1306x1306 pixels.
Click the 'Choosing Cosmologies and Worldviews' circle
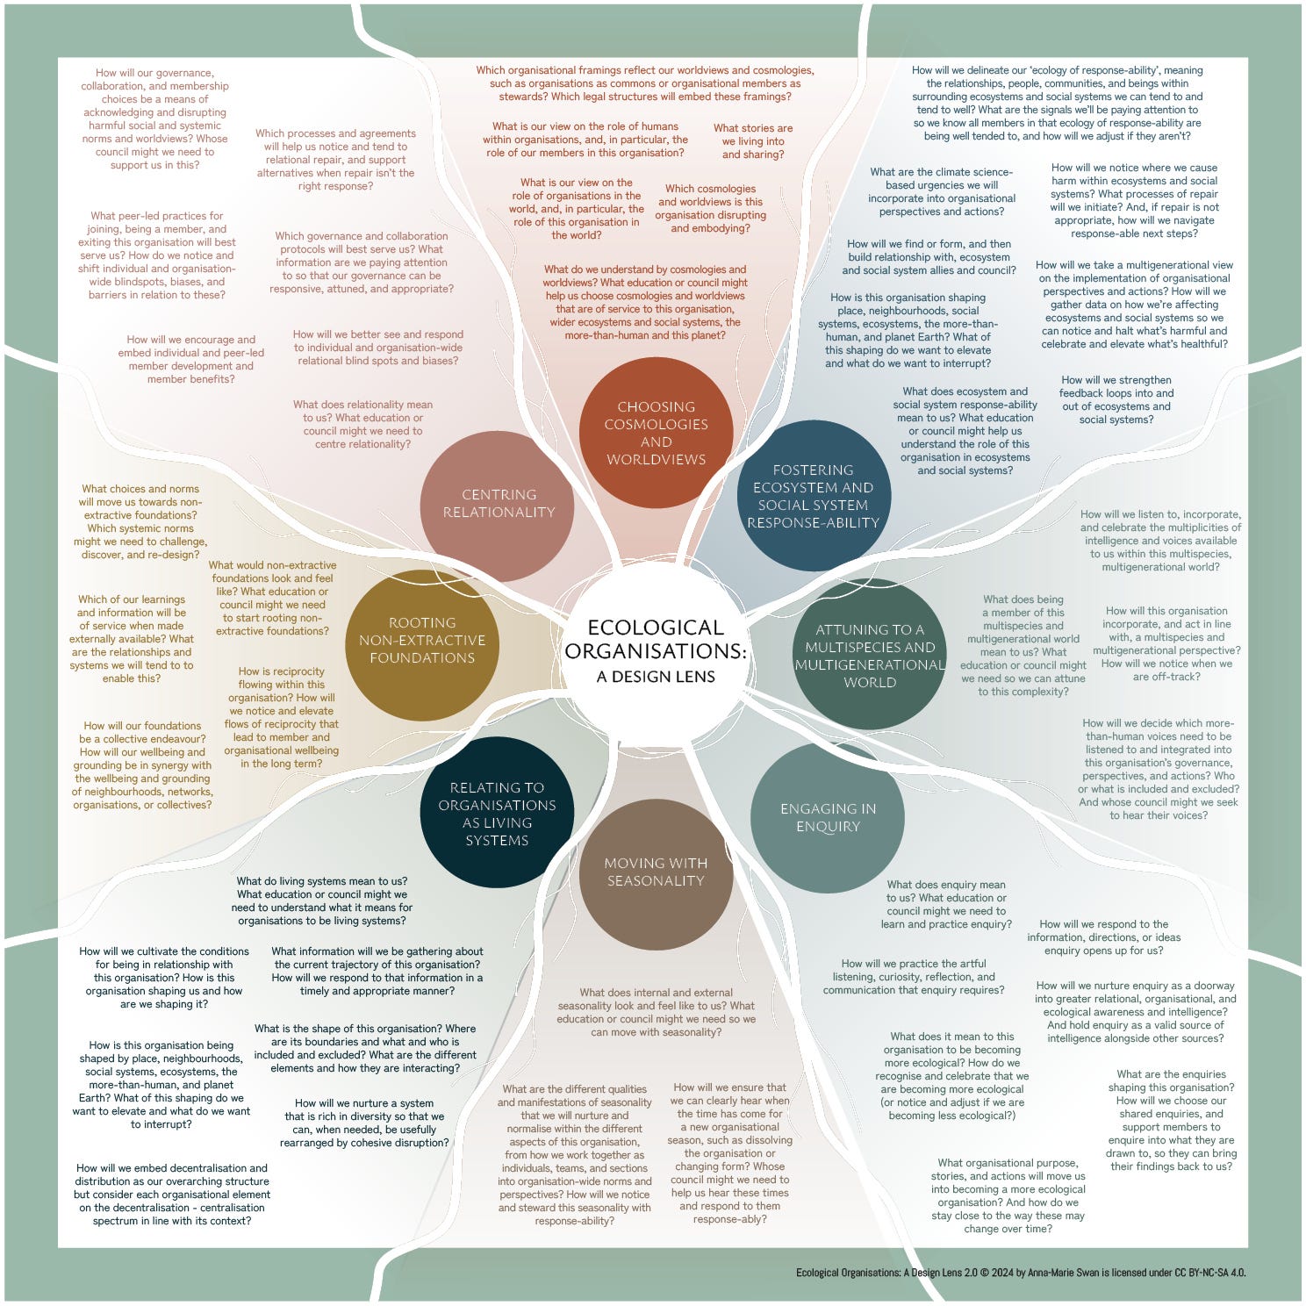pos(656,433)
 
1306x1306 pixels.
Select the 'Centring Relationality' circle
pos(499,504)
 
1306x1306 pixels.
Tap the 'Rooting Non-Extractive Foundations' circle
pos(422,641)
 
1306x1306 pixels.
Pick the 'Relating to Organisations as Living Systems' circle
pos(497,814)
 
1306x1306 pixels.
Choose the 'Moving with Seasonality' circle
pos(656,872)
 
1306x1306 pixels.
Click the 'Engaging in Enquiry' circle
pos(828,818)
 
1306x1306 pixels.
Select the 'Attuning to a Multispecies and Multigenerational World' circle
pos(870,655)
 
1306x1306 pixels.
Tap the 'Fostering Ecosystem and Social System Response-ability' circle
pos(813,496)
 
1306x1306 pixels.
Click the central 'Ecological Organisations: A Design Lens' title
pos(656,651)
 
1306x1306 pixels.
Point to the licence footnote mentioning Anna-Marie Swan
pos(1021,1273)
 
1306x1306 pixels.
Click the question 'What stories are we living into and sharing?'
pos(753,141)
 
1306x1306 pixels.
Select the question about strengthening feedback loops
pos(1116,399)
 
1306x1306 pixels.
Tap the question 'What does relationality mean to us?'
pos(362,424)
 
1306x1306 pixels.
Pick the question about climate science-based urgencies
pos(942,191)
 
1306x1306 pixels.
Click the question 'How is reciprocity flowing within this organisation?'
pos(281,717)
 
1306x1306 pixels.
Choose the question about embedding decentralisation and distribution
pos(172,1195)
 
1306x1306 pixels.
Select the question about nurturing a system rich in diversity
pos(364,1123)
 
